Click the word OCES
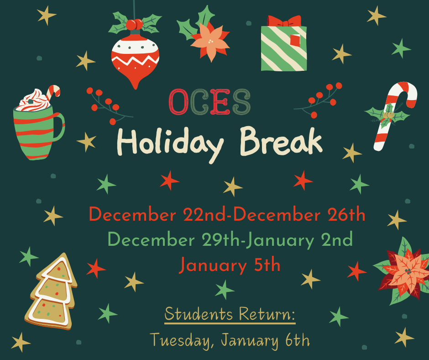209,102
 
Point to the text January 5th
229,265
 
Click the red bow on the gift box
284,21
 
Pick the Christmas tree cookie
51,292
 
